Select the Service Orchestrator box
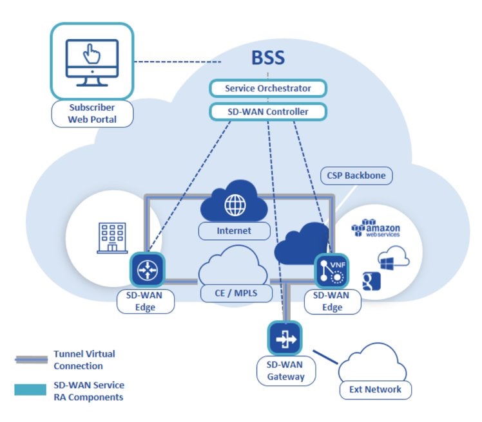[267, 88]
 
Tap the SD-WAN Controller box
[267, 112]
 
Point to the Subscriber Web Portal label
[92, 113]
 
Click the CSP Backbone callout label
[356, 175]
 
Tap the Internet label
[234, 230]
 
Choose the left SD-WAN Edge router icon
[148, 270]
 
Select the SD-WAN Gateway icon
[285, 338]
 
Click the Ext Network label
[376, 389]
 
